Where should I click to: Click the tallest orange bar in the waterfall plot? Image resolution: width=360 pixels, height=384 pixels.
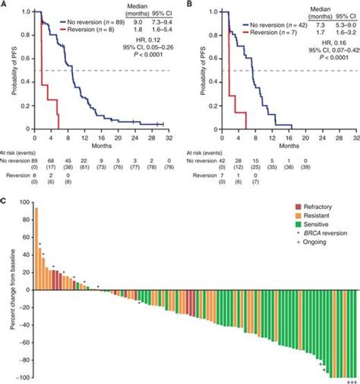coord(36,250)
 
